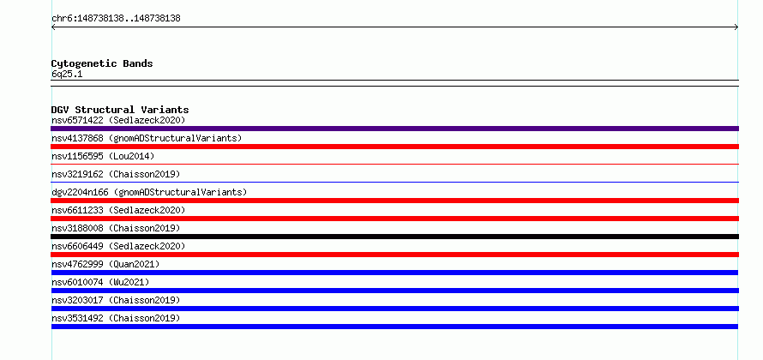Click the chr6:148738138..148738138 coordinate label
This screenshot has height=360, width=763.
(x=116, y=19)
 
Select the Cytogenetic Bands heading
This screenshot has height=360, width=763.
(x=102, y=63)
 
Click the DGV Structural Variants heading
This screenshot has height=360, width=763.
(x=120, y=110)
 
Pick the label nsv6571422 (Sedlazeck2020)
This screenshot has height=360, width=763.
(x=118, y=120)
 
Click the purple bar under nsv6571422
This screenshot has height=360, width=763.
(x=394, y=129)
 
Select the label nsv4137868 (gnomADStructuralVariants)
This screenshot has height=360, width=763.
(x=147, y=138)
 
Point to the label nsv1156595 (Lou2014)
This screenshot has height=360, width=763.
(x=103, y=156)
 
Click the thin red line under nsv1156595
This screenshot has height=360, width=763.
(x=394, y=165)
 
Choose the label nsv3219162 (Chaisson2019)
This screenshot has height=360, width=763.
(x=116, y=174)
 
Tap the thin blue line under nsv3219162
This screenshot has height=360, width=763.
(x=394, y=183)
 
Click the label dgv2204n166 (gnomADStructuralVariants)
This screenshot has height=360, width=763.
(x=149, y=192)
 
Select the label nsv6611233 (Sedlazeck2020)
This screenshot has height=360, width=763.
(x=118, y=210)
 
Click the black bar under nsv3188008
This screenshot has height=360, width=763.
(x=394, y=237)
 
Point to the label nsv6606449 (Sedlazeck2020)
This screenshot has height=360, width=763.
(x=118, y=246)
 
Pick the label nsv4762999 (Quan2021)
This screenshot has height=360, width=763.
(x=105, y=264)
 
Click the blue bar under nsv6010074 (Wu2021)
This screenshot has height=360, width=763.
(x=394, y=291)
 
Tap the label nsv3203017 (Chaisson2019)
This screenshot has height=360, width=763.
(x=116, y=300)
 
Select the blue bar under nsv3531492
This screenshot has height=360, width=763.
(x=394, y=327)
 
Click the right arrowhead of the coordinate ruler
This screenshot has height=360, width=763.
(x=737, y=27)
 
